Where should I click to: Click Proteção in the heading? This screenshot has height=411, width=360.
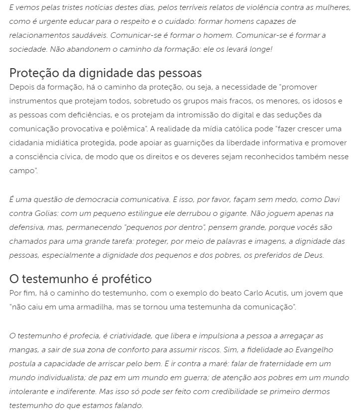coord(34,73)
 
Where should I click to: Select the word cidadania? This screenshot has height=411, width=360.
coord(27,143)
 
